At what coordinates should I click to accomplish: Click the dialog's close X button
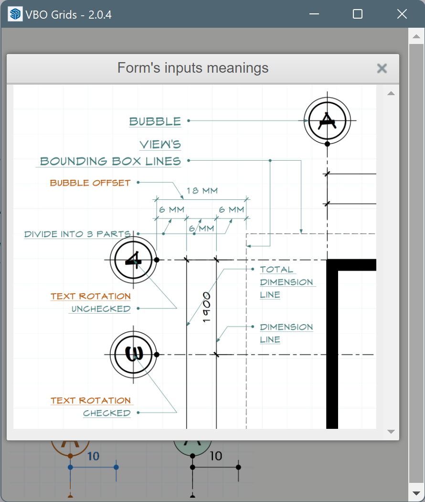click(x=382, y=68)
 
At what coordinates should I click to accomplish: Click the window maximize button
click(x=358, y=14)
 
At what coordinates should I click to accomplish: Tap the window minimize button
click(x=314, y=14)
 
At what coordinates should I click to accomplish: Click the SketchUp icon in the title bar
click(x=16, y=14)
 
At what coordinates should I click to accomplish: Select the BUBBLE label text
click(x=155, y=121)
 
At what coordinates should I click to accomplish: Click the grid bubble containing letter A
click(x=327, y=120)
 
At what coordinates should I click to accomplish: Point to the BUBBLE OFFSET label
click(x=90, y=183)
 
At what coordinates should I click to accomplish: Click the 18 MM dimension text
click(x=202, y=191)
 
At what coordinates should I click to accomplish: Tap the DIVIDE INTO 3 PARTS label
click(x=78, y=234)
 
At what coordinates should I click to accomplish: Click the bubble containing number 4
click(x=133, y=260)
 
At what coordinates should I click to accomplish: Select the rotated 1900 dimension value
click(x=206, y=307)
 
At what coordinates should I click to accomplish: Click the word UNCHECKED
click(x=101, y=309)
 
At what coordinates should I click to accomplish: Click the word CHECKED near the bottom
click(x=107, y=413)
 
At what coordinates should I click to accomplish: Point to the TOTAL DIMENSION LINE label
click(x=287, y=282)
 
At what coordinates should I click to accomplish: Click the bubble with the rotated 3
click(x=133, y=354)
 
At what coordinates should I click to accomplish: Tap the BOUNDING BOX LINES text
click(x=110, y=161)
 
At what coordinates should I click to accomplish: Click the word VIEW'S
click(x=160, y=144)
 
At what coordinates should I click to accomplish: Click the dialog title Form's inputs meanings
click(x=193, y=68)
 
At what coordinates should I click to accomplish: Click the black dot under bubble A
click(x=327, y=143)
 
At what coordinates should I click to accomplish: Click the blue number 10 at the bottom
click(x=94, y=456)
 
